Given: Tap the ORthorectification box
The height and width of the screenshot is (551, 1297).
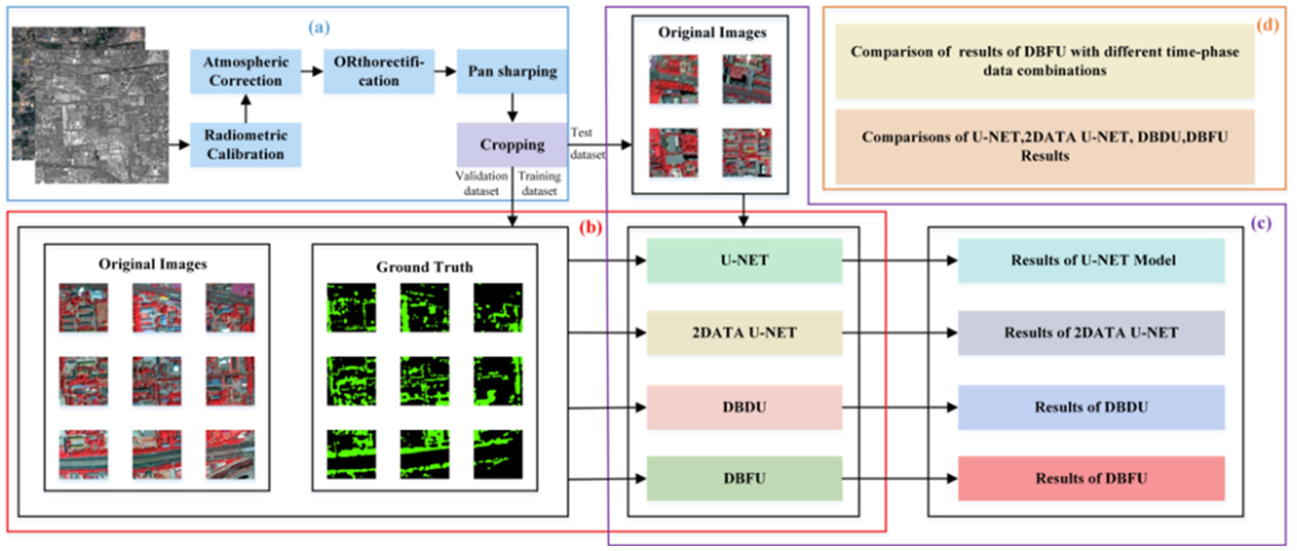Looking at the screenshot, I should [x=379, y=71].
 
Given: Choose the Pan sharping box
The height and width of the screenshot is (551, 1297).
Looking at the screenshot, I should [x=512, y=71].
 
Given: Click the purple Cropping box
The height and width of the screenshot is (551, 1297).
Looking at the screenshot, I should [x=512, y=144].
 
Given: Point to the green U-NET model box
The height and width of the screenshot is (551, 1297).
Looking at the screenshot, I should [x=744, y=260].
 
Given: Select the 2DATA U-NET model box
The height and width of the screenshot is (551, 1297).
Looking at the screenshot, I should [x=744, y=333].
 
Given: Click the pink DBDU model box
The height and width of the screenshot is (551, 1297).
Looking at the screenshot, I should [x=744, y=407].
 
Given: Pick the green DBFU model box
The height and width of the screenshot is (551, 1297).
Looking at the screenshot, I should [x=744, y=479].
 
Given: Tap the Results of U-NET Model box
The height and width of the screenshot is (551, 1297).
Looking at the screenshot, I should [x=1091, y=260].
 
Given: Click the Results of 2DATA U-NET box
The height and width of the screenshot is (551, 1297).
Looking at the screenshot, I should [x=1091, y=333].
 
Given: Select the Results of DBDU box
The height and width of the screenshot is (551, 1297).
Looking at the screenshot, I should [x=1091, y=407].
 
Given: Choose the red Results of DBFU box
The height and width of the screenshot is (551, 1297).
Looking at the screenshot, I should [x=1091, y=479].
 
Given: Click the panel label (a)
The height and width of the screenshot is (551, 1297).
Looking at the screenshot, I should [x=319, y=27].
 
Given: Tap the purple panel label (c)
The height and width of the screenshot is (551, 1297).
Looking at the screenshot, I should [x=1261, y=223].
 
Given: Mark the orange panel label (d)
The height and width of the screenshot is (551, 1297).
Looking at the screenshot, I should [x=1267, y=24].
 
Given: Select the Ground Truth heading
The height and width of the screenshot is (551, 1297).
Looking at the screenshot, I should [x=424, y=267].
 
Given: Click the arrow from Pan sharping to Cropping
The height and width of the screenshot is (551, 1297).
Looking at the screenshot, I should [x=512, y=108].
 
